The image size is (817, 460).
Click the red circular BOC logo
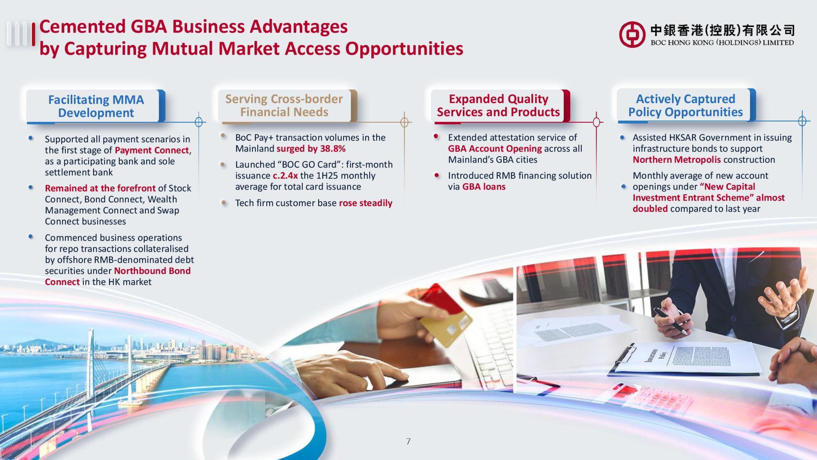point(632,35)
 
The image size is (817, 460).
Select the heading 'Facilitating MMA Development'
point(96,106)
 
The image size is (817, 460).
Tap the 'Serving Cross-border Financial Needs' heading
point(284,105)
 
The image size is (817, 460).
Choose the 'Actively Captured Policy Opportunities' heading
point(685,105)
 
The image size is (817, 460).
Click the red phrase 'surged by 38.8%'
point(311,149)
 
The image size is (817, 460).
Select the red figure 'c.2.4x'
point(285,176)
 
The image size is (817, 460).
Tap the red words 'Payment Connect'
point(152,150)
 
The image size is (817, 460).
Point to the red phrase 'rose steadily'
point(366,203)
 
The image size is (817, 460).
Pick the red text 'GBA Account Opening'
point(495,149)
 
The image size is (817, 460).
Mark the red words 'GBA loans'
point(484,187)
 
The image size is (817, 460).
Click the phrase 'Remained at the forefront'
point(100,188)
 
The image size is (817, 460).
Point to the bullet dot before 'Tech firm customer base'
point(224,202)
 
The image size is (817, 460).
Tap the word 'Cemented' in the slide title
point(83,27)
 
